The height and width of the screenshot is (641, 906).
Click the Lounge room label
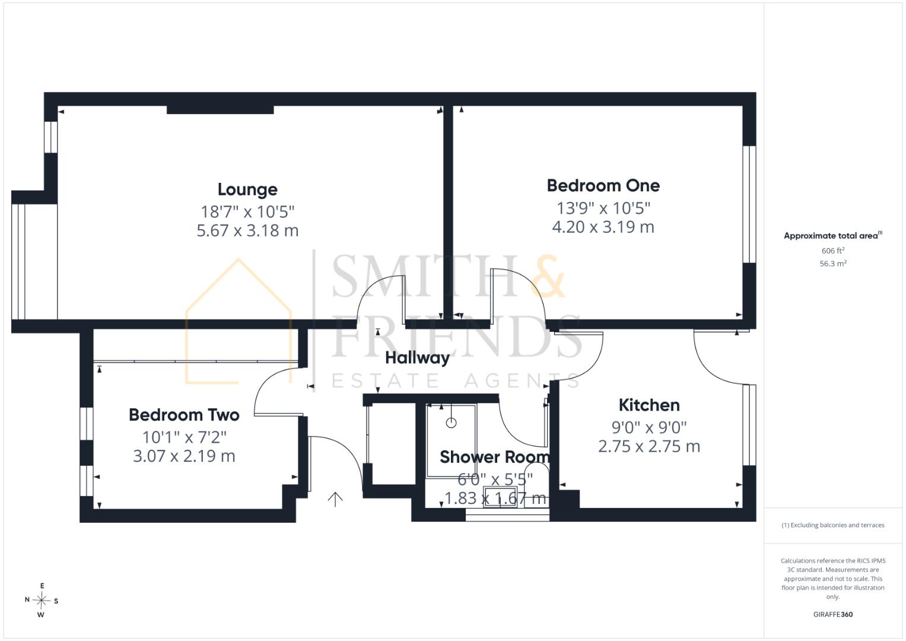(x=247, y=189)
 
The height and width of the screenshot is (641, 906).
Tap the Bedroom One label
(x=603, y=186)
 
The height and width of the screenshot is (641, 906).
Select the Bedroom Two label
(x=184, y=415)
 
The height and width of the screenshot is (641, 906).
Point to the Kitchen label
(x=649, y=405)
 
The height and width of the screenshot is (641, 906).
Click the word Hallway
(x=417, y=358)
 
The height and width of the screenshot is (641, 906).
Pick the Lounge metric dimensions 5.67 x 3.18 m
(x=247, y=231)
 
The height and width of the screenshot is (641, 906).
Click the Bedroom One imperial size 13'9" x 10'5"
(x=603, y=208)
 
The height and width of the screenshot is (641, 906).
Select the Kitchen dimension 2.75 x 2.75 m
(x=649, y=446)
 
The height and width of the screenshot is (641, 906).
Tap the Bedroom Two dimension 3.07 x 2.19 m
(x=184, y=456)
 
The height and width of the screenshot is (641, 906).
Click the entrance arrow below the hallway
(x=335, y=499)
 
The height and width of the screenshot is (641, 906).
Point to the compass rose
(x=42, y=600)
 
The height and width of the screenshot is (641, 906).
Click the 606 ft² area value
(x=833, y=250)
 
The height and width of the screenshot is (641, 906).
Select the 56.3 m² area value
(x=833, y=264)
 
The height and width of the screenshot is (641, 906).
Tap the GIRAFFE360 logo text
(x=833, y=614)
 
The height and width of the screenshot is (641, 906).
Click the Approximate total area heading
(x=833, y=236)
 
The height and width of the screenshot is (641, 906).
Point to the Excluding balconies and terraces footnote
(x=833, y=525)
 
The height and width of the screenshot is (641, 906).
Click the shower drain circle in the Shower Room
(x=451, y=423)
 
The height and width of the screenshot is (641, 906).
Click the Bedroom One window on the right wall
(x=749, y=204)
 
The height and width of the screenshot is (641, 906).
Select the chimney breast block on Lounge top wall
(x=220, y=110)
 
